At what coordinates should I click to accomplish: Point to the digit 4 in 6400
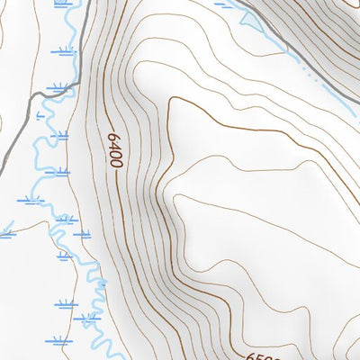click(x=113, y=146)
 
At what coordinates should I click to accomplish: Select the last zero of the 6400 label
click(x=116, y=163)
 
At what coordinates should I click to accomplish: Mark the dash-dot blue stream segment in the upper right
click(x=310, y=76)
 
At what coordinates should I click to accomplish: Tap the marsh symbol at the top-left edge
click(x=61, y=4)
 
